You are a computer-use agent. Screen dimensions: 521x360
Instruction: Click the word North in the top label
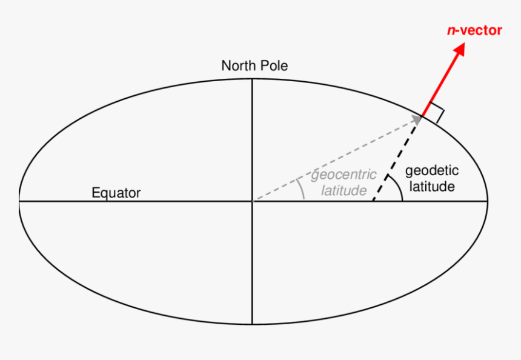click(x=237, y=65)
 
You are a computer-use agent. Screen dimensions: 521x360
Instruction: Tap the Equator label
click(x=116, y=193)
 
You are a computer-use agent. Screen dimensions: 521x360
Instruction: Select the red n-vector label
click(x=474, y=30)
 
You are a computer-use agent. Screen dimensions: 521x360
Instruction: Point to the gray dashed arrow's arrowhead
click(x=416, y=120)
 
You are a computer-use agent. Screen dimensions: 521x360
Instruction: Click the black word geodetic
click(x=432, y=171)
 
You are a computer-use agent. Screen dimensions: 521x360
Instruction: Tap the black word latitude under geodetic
click(x=432, y=187)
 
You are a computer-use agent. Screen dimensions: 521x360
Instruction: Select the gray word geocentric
click(x=343, y=175)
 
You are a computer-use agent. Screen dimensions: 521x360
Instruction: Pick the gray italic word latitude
click(x=344, y=190)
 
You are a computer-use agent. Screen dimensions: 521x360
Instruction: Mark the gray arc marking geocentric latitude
click(x=302, y=188)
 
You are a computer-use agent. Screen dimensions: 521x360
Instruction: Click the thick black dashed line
click(x=397, y=159)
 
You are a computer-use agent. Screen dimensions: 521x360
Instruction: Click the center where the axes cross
click(x=252, y=201)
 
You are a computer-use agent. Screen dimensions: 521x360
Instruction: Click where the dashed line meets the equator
click(x=373, y=201)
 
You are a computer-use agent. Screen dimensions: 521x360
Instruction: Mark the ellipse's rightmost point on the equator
click(x=488, y=201)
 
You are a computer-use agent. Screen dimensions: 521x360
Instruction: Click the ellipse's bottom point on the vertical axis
click(x=252, y=324)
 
